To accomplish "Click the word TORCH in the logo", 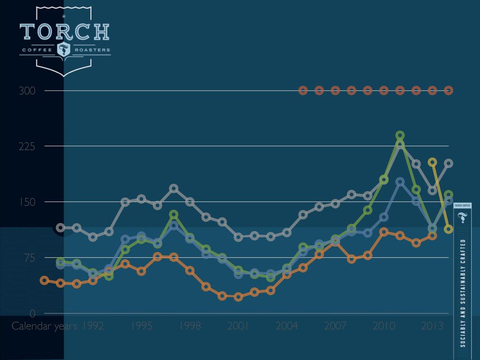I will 65,31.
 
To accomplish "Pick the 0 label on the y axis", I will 33,314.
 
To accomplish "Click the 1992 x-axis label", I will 93,326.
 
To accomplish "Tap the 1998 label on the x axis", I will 189,326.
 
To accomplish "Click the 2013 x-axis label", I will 432,326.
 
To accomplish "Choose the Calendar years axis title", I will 44,326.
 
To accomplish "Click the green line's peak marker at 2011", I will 400,135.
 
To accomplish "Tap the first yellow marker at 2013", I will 433,162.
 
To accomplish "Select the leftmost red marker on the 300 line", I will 303,90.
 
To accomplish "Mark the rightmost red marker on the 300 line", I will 449,90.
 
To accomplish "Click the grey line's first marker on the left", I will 60,228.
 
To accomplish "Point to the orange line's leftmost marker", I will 45,280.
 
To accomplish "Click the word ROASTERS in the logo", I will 91,49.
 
